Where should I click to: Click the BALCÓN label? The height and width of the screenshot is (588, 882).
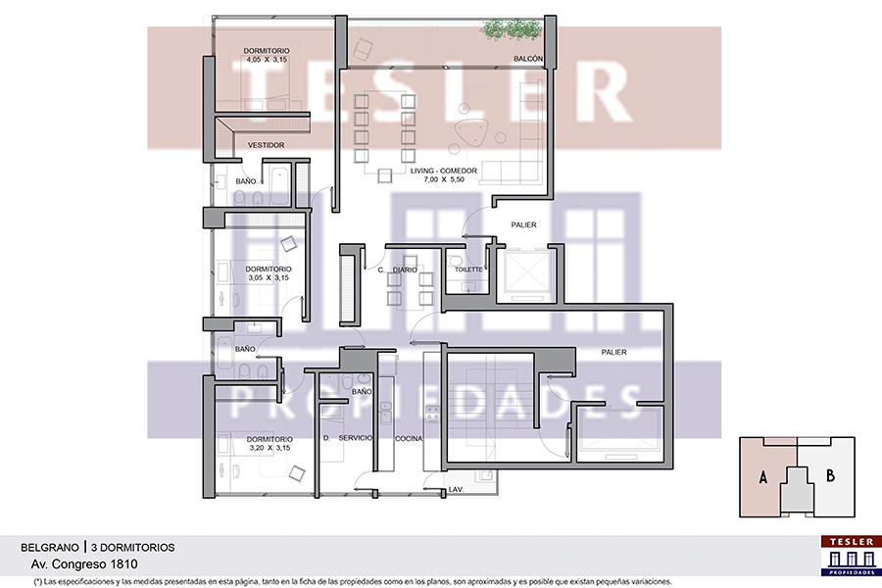point(528,59)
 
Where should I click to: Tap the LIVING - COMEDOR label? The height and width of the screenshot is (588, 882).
point(444,171)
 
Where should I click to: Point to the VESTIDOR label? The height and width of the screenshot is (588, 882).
point(266,145)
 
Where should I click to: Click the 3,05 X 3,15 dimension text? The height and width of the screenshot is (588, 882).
point(269,277)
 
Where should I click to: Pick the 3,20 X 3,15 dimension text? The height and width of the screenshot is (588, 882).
point(270,448)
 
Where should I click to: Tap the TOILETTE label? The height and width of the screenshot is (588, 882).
point(468,269)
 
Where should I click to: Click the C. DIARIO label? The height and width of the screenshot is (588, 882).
point(398,270)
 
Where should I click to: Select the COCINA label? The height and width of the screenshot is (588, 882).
point(409,439)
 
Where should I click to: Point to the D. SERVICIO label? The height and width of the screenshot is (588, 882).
point(348,438)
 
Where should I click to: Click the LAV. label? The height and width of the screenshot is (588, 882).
point(456,490)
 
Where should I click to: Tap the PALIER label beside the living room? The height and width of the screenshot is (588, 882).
point(523,224)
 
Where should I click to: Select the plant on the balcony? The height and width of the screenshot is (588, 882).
point(511,28)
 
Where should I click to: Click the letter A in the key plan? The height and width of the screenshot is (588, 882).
point(762,477)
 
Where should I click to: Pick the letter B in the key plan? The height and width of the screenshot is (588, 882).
point(830,476)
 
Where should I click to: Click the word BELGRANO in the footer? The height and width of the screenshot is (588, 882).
point(50,548)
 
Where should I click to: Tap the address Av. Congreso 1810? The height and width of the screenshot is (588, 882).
point(84,563)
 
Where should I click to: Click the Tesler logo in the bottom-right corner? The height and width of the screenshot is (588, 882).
point(851,556)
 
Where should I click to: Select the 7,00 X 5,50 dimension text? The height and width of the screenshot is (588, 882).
point(444,179)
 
